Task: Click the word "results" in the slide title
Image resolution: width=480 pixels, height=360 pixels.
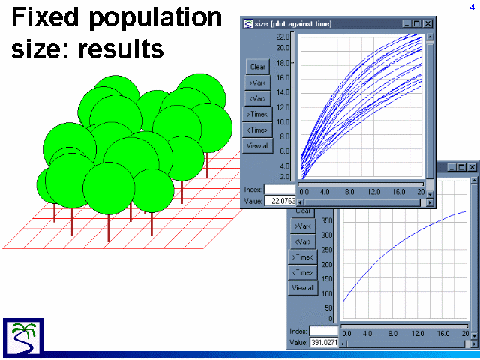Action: [121, 49]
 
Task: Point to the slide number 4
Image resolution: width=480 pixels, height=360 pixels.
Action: [472, 7]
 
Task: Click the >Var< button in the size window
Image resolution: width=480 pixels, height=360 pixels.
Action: [258, 82]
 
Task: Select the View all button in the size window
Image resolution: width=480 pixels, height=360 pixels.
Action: [258, 146]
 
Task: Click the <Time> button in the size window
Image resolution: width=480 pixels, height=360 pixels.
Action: [257, 130]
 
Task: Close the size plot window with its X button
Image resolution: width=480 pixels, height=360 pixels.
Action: [427, 23]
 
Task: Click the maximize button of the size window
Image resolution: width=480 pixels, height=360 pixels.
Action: [417, 23]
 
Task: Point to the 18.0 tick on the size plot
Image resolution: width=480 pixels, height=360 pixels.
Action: [283, 63]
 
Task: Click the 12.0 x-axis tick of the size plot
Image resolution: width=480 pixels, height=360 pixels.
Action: [373, 192]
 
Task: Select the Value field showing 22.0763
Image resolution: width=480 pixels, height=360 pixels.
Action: [280, 201]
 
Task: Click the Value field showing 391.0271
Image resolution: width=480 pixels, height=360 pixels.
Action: [323, 342]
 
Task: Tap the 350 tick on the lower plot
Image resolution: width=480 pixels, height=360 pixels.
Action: [327, 220]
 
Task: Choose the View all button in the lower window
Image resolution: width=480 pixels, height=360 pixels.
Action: [303, 288]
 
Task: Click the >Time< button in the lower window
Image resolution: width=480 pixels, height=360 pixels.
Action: [303, 257]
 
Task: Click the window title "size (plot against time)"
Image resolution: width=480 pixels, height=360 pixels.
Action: [293, 23]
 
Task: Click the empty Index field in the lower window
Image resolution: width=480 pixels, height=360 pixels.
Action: [323, 331]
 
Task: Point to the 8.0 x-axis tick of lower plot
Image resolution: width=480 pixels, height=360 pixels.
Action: [393, 333]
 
